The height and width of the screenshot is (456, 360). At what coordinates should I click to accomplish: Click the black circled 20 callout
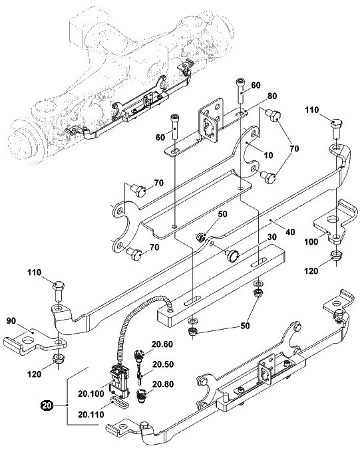pyautogui.click(x=47, y=405)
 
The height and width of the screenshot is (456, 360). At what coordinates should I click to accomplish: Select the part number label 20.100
pyautogui.click(x=90, y=394)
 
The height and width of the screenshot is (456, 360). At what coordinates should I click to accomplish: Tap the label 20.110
pyautogui.click(x=90, y=414)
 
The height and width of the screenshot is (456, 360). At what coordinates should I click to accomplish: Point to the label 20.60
pyautogui.click(x=162, y=344)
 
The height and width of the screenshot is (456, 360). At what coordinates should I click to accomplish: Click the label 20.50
pyautogui.click(x=163, y=364)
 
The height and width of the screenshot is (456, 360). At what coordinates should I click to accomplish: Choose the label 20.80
pyautogui.click(x=163, y=384)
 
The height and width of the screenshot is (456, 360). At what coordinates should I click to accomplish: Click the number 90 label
pyautogui.click(x=11, y=321)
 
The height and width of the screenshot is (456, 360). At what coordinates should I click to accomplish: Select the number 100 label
pyautogui.click(x=311, y=242)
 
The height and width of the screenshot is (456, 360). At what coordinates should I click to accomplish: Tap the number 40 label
pyautogui.click(x=290, y=232)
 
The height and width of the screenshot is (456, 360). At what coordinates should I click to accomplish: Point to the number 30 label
pyautogui.click(x=271, y=237)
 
